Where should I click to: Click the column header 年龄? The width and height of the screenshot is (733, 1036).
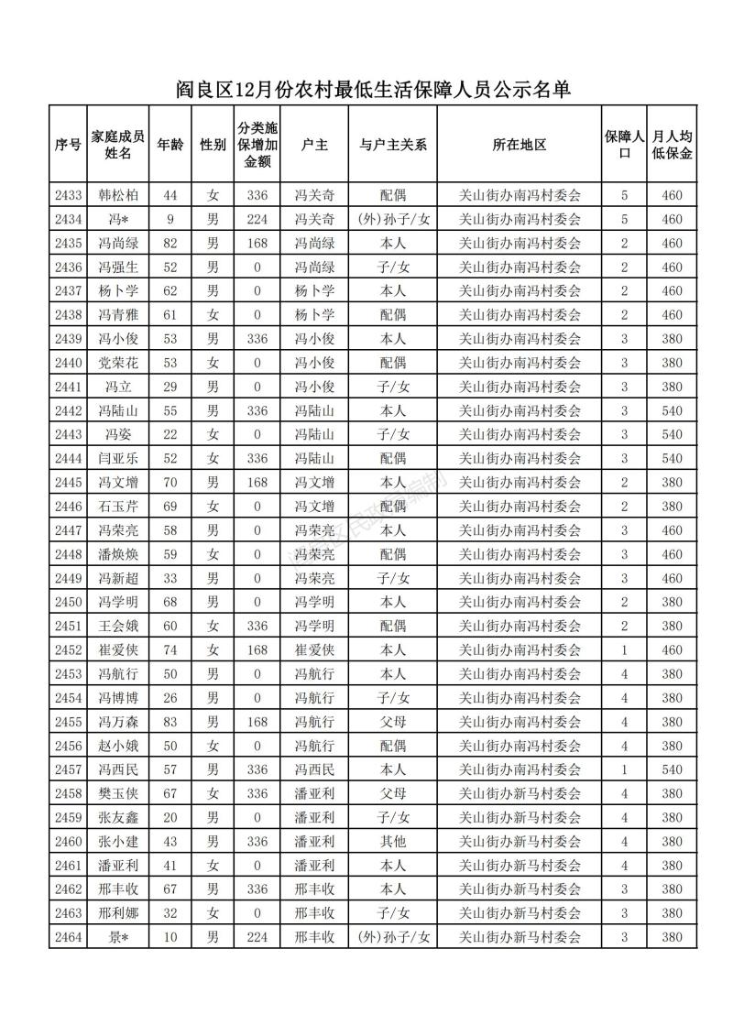[170, 145]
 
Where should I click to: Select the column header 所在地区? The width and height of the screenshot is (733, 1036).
[520, 145]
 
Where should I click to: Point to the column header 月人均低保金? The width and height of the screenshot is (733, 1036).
[672, 145]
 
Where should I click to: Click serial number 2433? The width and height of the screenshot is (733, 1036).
[69, 195]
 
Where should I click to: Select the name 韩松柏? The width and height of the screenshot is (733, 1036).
[118, 195]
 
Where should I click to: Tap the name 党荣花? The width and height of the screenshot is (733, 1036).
[118, 362]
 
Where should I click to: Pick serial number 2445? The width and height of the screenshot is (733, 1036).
[69, 482]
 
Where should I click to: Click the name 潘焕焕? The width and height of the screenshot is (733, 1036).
[118, 553]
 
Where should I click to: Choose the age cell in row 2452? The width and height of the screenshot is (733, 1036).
[170, 649]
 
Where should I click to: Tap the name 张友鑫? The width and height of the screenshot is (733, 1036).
[118, 817]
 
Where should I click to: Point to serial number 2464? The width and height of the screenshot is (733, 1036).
[69, 936]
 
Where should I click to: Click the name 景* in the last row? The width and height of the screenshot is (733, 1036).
[118, 936]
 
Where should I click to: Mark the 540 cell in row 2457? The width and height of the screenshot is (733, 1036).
[672, 769]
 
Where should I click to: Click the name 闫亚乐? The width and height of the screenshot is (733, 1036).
[118, 458]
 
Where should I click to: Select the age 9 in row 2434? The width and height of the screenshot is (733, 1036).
[170, 219]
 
